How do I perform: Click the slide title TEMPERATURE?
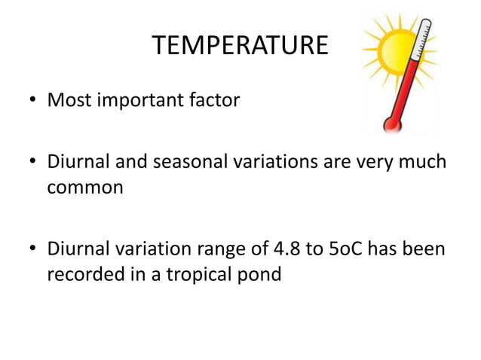[240, 46]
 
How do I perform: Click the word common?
[85, 188]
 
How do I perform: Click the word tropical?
[198, 273]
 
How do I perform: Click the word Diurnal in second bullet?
[75, 163]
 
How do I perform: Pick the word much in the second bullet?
[426, 163]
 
